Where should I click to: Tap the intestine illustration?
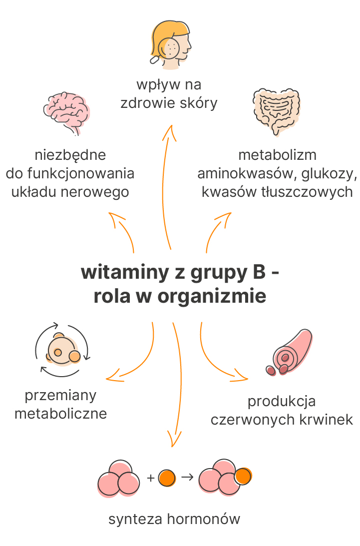click(x=277, y=111)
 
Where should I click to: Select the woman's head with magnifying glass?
click(x=171, y=44)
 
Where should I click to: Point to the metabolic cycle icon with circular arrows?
click(x=62, y=350)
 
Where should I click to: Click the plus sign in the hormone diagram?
click(x=150, y=478)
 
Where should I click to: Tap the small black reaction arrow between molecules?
click(x=187, y=477)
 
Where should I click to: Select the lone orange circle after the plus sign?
click(x=167, y=478)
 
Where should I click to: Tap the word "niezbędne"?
click(x=70, y=155)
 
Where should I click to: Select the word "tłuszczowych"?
click(x=307, y=192)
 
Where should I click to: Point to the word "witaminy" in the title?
click(x=125, y=272)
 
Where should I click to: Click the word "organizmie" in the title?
click(x=212, y=296)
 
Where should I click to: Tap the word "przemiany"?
click(x=60, y=396)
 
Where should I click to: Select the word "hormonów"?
click(x=204, y=519)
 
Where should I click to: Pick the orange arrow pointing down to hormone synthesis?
click(x=178, y=383)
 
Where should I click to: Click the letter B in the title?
click(x=259, y=272)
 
